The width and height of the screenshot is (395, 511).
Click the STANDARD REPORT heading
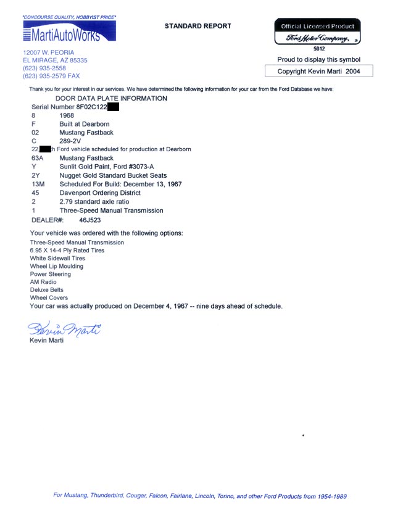(197, 26)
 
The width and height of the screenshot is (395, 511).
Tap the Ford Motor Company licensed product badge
(317, 32)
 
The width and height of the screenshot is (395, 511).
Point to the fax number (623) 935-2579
(51, 76)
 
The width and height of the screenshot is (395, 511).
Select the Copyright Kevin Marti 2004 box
(318, 72)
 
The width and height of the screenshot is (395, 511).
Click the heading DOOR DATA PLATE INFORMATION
(111, 98)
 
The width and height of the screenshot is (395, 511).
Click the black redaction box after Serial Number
(112, 107)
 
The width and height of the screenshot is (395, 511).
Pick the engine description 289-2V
(71, 141)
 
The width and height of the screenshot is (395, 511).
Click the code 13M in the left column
(38, 184)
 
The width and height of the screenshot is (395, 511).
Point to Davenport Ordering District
(99, 193)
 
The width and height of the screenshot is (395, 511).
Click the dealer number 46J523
(90, 220)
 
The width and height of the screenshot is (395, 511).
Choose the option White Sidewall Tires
(57, 259)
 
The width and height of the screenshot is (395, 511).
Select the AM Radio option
(43, 282)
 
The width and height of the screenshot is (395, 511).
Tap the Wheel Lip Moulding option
(56, 267)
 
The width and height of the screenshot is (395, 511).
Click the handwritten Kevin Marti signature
(64, 328)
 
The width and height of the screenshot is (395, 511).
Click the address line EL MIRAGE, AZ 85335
(55, 60)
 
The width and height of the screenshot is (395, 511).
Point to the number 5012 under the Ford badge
(318, 48)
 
